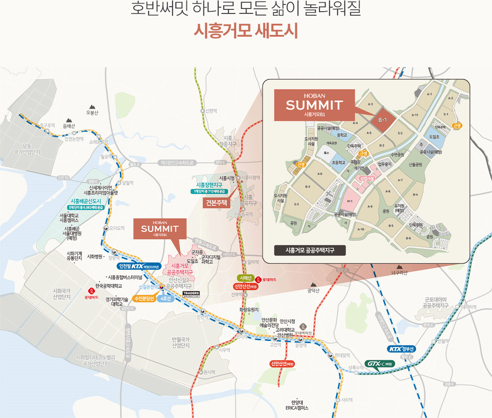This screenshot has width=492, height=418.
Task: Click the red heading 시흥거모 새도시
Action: pyautogui.click(x=246, y=32)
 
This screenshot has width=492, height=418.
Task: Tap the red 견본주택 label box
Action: pyautogui.click(x=216, y=203)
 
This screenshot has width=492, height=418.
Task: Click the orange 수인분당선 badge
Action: pyautogui.click(x=144, y=298)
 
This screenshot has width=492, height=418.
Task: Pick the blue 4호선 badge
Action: pyautogui.click(x=165, y=298)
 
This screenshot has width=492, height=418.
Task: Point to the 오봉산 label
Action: pyautogui.click(x=92, y=112)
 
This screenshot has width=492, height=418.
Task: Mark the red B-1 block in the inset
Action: pyautogui.click(x=382, y=120)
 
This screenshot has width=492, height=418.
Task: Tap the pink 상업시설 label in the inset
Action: pyautogui.click(x=367, y=178)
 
